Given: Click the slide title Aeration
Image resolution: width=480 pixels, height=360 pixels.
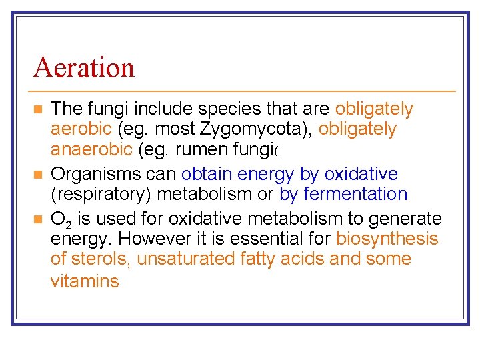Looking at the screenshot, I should (x=83, y=67).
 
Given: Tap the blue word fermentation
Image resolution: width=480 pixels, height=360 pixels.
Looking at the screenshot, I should (x=355, y=194).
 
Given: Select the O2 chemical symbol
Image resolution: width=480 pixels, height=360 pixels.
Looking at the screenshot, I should (x=61, y=219).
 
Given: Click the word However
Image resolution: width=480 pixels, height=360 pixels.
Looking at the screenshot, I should (x=152, y=239).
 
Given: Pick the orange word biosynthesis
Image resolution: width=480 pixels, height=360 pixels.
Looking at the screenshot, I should (x=387, y=239).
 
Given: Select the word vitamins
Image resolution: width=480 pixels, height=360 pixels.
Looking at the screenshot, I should (x=85, y=281).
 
